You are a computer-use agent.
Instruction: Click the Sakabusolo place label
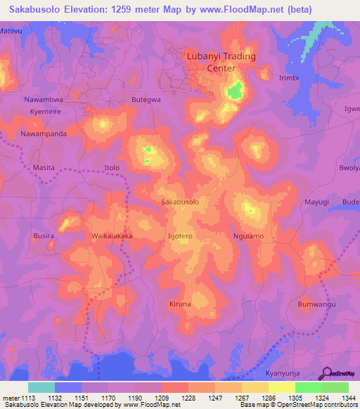click(x=181, y=202)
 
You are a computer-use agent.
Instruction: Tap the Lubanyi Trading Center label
click(x=220, y=62)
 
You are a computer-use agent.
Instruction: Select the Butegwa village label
click(x=146, y=100)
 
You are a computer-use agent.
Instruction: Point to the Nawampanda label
click(x=44, y=134)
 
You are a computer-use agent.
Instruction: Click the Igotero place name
click(x=181, y=237)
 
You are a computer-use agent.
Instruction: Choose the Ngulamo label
click(x=248, y=236)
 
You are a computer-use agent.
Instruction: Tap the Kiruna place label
click(x=180, y=304)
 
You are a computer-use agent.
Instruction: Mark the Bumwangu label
click(x=316, y=304)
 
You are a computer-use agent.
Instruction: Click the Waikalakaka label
click(x=112, y=237)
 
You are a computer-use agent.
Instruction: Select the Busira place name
click(x=44, y=236)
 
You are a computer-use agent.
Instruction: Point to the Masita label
click(x=44, y=168)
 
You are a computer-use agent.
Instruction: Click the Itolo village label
click(x=112, y=168)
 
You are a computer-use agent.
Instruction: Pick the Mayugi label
click(x=316, y=202)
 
